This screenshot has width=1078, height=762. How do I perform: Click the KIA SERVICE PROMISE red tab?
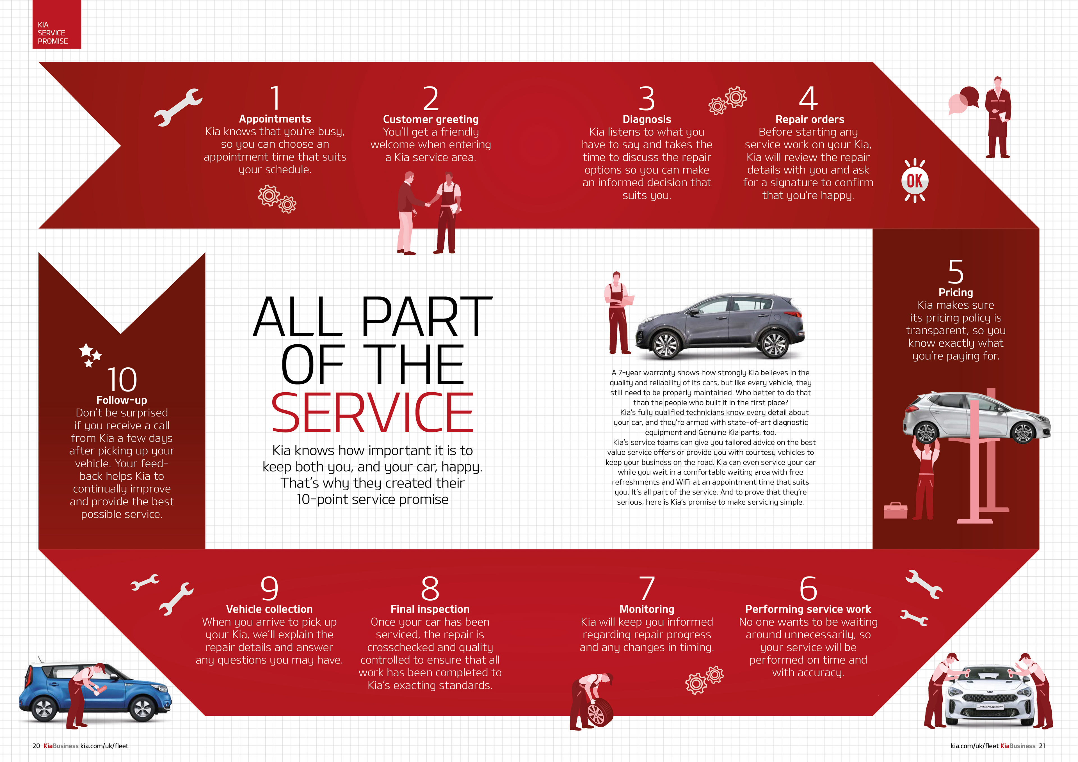coord(56,24)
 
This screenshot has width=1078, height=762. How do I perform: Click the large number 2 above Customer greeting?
coord(431,99)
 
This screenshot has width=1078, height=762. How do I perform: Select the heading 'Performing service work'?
coord(808,609)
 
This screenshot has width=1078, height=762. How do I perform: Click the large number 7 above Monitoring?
coord(647,588)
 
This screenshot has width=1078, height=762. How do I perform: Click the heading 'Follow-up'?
coord(122,400)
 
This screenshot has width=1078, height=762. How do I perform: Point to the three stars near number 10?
coord(89,354)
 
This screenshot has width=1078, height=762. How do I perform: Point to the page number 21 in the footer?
coord(1042,745)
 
